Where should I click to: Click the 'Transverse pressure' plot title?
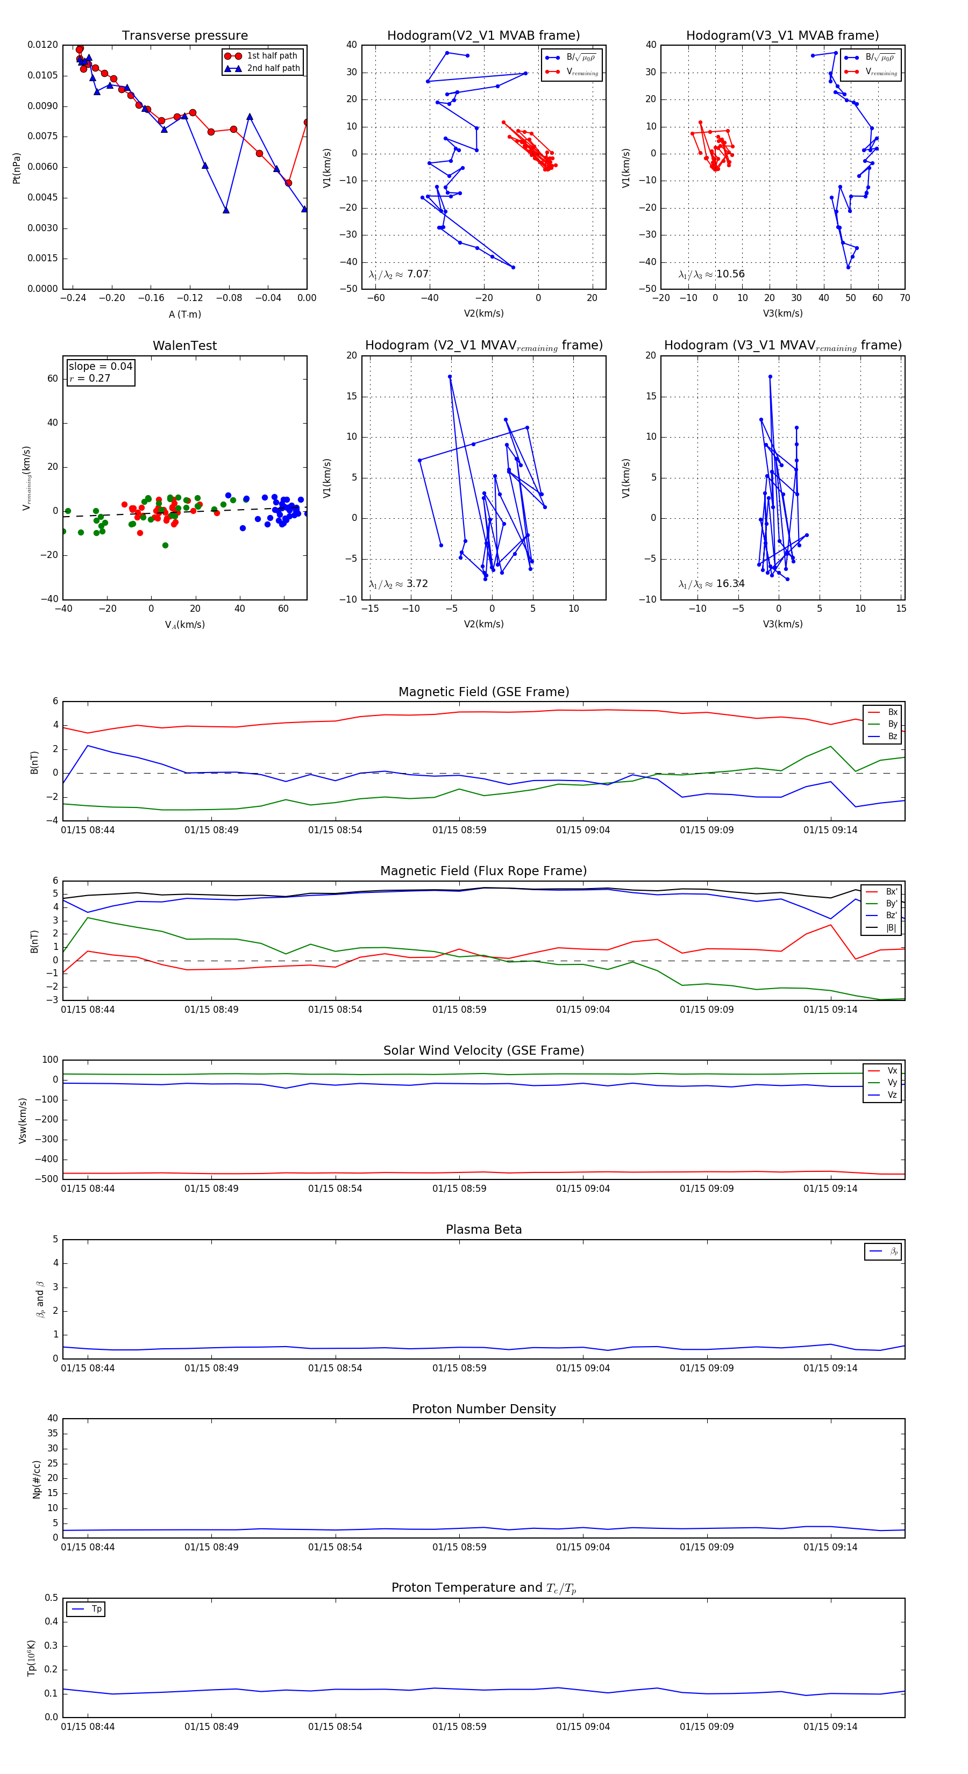[x=184, y=36]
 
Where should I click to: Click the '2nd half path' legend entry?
[x=273, y=68]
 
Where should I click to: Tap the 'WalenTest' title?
[x=184, y=346]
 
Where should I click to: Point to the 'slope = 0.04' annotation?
[x=100, y=367]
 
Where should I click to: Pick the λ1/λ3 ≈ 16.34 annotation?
[x=711, y=584]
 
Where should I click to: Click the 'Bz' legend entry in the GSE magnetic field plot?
[x=892, y=736]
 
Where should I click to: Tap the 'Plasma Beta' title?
[x=483, y=1230]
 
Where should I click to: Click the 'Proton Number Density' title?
[x=483, y=1409]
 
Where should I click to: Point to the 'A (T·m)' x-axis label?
[x=184, y=314]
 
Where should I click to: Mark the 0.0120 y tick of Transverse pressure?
[x=42, y=45]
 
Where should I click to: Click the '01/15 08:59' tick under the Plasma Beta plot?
[x=459, y=1368]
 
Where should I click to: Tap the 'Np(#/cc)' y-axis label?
[x=37, y=1479]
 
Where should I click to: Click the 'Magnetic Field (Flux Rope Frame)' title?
[x=483, y=871]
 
